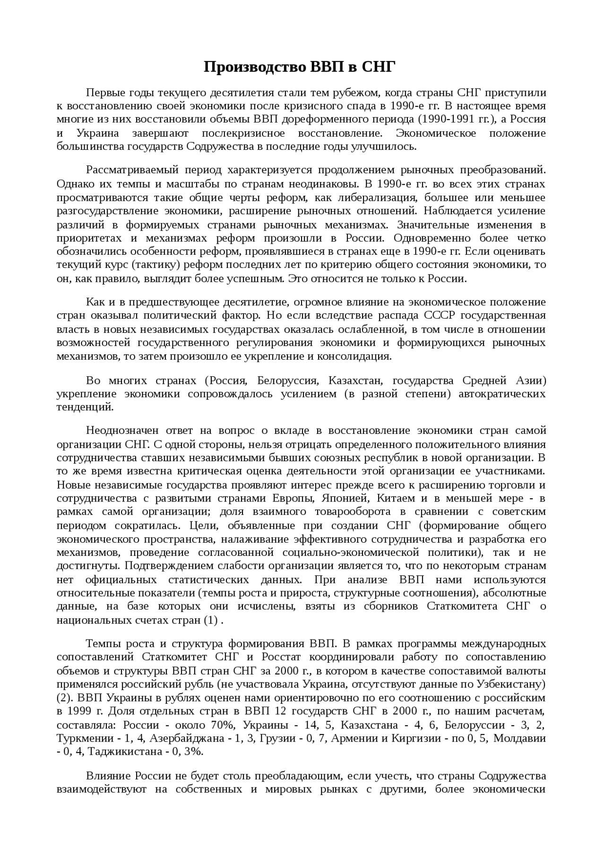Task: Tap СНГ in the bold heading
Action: tap(378, 68)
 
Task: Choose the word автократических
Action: tap(502, 394)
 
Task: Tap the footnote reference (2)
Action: tap(64, 698)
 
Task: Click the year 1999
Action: tap(81, 712)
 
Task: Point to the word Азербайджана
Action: tap(181, 739)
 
